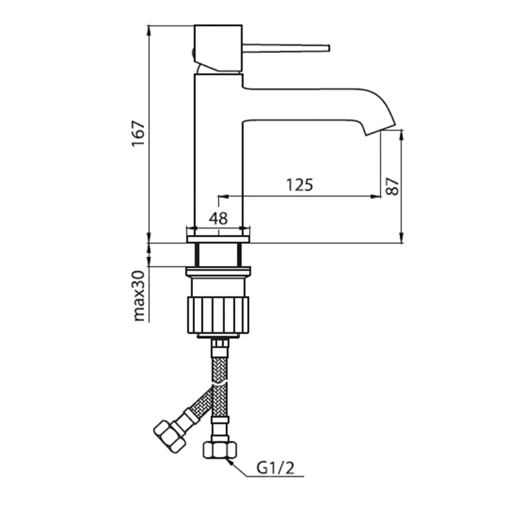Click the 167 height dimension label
[x=138, y=134]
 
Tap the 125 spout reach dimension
[x=300, y=185]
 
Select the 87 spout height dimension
[x=392, y=186]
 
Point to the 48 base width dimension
[x=218, y=219]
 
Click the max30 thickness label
[x=138, y=296]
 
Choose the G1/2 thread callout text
[x=276, y=468]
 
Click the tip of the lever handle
[x=329, y=48]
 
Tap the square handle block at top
[x=218, y=48]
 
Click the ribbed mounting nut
[x=219, y=315]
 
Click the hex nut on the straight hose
[x=220, y=450]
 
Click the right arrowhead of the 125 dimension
[x=376, y=196]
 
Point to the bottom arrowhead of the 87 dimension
[x=402, y=237]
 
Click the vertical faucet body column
[x=219, y=155]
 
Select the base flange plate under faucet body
[x=219, y=239]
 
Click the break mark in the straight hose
[x=220, y=384]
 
